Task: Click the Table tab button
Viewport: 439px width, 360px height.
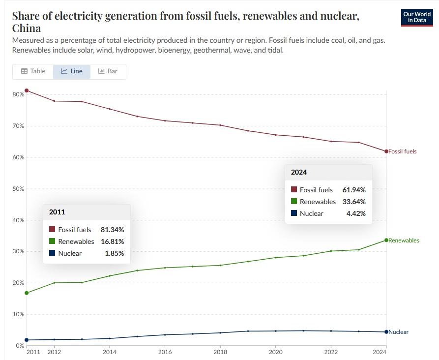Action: (x=33, y=71)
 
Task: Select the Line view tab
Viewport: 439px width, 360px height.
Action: (x=72, y=71)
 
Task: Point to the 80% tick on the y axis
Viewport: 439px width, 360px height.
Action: (x=18, y=94)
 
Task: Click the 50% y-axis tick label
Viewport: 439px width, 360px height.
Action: (x=18, y=189)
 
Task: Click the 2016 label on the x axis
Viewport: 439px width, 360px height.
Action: (x=165, y=352)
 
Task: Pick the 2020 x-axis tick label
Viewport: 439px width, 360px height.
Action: (x=276, y=352)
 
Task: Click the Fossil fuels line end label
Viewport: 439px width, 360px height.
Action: (x=403, y=151)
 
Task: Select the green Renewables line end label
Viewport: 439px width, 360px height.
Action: (x=404, y=240)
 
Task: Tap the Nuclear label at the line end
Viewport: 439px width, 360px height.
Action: (x=399, y=332)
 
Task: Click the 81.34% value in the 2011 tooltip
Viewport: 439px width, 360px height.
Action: (x=113, y=230)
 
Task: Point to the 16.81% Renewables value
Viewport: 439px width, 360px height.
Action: (x=113, y=241)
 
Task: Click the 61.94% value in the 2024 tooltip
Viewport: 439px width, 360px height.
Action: (x=354, y=190)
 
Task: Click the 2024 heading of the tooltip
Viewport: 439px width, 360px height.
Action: (x=299, y=172)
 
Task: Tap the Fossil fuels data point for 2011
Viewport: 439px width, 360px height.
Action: (x=27, y=90)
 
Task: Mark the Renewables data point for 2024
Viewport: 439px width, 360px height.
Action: (x=386, y=240)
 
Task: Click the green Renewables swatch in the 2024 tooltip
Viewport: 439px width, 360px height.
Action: (x=294, y=202)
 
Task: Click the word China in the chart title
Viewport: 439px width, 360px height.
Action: (x=27, y=29)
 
